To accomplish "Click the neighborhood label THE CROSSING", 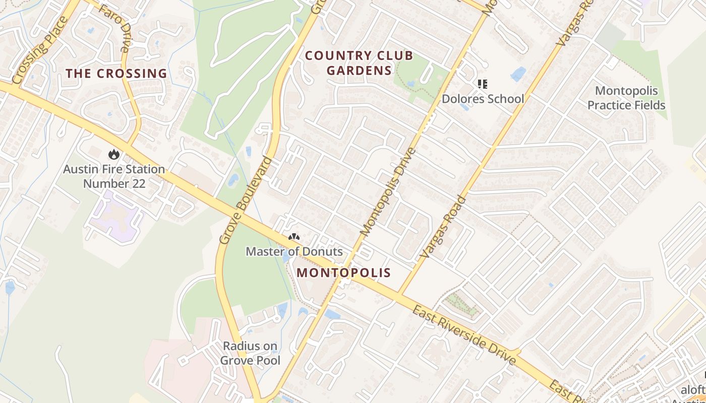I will pos(116,74).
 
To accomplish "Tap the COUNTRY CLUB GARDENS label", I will pos(359,63).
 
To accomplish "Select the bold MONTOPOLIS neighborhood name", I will pos(343,273).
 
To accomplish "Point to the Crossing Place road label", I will pos(40,50).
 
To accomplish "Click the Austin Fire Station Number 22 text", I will pos(114,176).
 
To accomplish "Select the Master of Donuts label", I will pos(294,251).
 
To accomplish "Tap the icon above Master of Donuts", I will pos(294,236).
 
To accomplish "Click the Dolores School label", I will pos(483,99).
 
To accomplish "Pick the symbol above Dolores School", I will pos(483,84).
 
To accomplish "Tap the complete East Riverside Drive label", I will pos(464,334).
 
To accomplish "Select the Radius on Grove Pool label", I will pos(250,353).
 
